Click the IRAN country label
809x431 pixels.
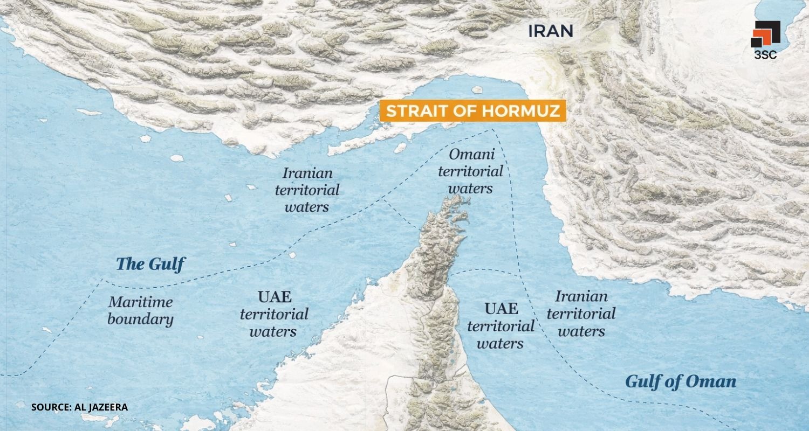point(550,30)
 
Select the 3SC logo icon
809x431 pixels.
point(765,34)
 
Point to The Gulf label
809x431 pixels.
point(150,264)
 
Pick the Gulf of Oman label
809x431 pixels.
point(680,381)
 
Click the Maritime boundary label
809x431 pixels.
point(140,310)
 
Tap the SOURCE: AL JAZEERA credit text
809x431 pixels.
point(79,407)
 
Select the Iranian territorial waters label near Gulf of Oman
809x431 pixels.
point(581,313)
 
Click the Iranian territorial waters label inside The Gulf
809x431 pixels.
point(307,190)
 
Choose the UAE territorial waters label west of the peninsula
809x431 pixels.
point(274,314)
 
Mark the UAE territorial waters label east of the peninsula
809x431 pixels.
point(501,325)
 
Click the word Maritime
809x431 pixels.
point(140,302)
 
